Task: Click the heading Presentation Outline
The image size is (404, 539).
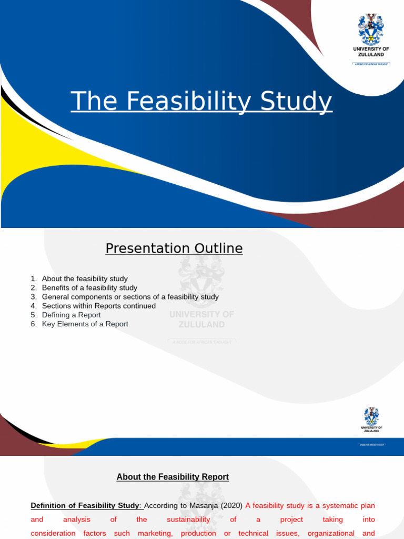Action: pyautogui.click(x=174, y=248)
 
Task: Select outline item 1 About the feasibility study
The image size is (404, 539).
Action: pyautogui.click(x=85, y=278)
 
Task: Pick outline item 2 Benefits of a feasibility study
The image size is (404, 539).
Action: pyautogui.click(x=89, y=288)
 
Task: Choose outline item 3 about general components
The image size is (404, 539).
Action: pyautogui.click(x=130, y=297)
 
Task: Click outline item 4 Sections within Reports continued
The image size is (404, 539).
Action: pyautogui.click(x=99, y=306)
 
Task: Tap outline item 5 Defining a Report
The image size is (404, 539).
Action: pyautogui.click(x=71, y=315)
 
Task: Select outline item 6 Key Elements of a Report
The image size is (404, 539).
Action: pyautogui.click(x=85, y=324)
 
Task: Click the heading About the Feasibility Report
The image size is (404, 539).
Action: pyautogui.click(x=173, y=477)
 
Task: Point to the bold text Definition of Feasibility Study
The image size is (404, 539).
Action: pyautogui.click(x=85, y=506)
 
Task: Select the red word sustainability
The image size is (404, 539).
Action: pyautogui.click(x=188, y=520)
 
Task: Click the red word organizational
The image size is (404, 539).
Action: pyautogui.click(x=330, y=533)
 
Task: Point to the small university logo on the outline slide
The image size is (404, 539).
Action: pyautogui.click(x=372, y=417)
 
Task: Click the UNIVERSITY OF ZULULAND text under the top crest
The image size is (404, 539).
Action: pyautogui.click(x=371, y=52)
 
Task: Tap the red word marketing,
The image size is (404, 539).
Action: pyautogui.click(x=155, y=533)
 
